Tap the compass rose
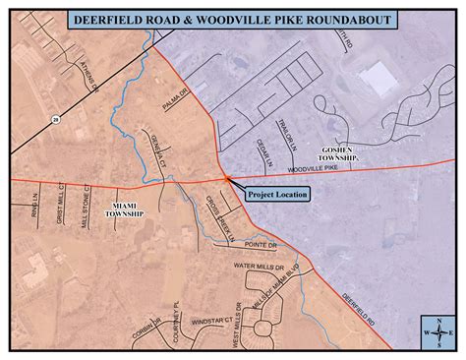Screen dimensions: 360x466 pyautogui.click(x=436, y=332)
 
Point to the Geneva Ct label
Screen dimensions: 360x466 pyautogui.click(x=153, y=147)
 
